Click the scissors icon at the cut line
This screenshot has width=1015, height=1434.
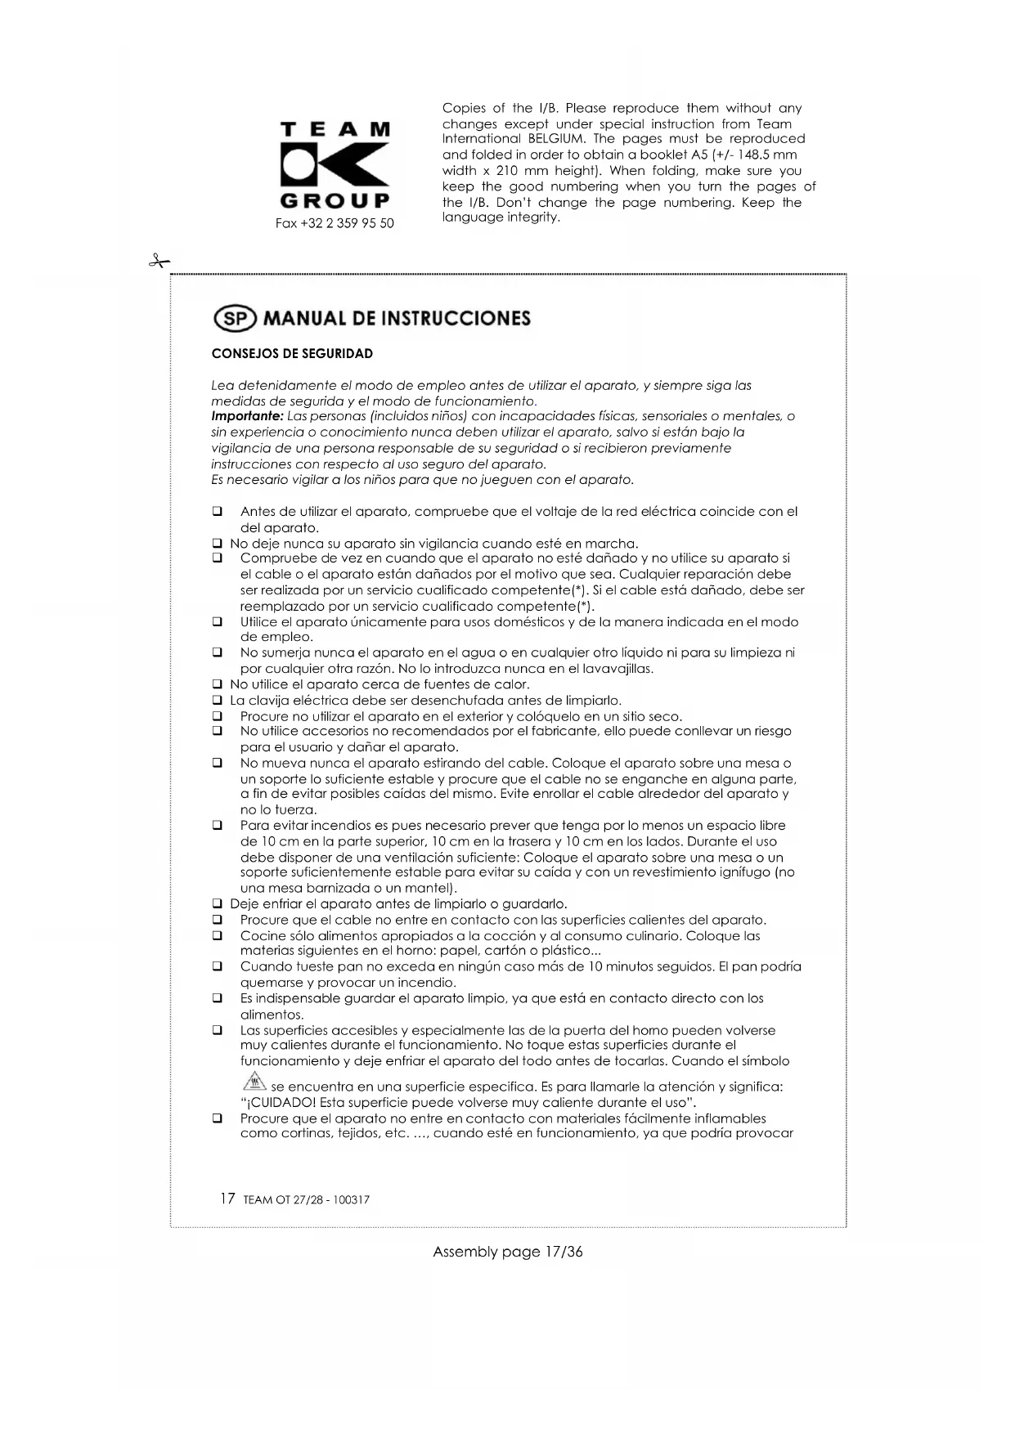[159, 262]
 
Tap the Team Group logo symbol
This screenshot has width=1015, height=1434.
[335, 167]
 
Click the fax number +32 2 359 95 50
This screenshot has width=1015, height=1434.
[335, 223]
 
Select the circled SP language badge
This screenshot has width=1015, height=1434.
[235, 319]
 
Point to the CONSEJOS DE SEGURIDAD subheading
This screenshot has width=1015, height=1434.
[292, 354]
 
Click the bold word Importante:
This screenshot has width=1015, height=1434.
[247, 417]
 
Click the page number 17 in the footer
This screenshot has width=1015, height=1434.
[227, 1199]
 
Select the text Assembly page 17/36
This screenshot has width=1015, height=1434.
[507, 1252]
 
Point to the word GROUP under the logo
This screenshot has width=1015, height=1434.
[335, 201]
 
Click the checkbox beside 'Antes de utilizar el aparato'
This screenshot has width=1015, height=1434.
[218, 513]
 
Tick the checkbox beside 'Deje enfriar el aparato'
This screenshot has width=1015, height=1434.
[218, 904]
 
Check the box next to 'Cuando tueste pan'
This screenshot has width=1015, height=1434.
[218, 967]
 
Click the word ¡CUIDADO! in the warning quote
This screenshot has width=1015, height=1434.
[283, 1102]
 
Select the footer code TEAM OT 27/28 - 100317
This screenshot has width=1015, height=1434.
[307, 1200]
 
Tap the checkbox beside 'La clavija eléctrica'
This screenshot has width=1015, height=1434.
[218, 701]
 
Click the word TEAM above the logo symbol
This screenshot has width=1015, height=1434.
[335, 130]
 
